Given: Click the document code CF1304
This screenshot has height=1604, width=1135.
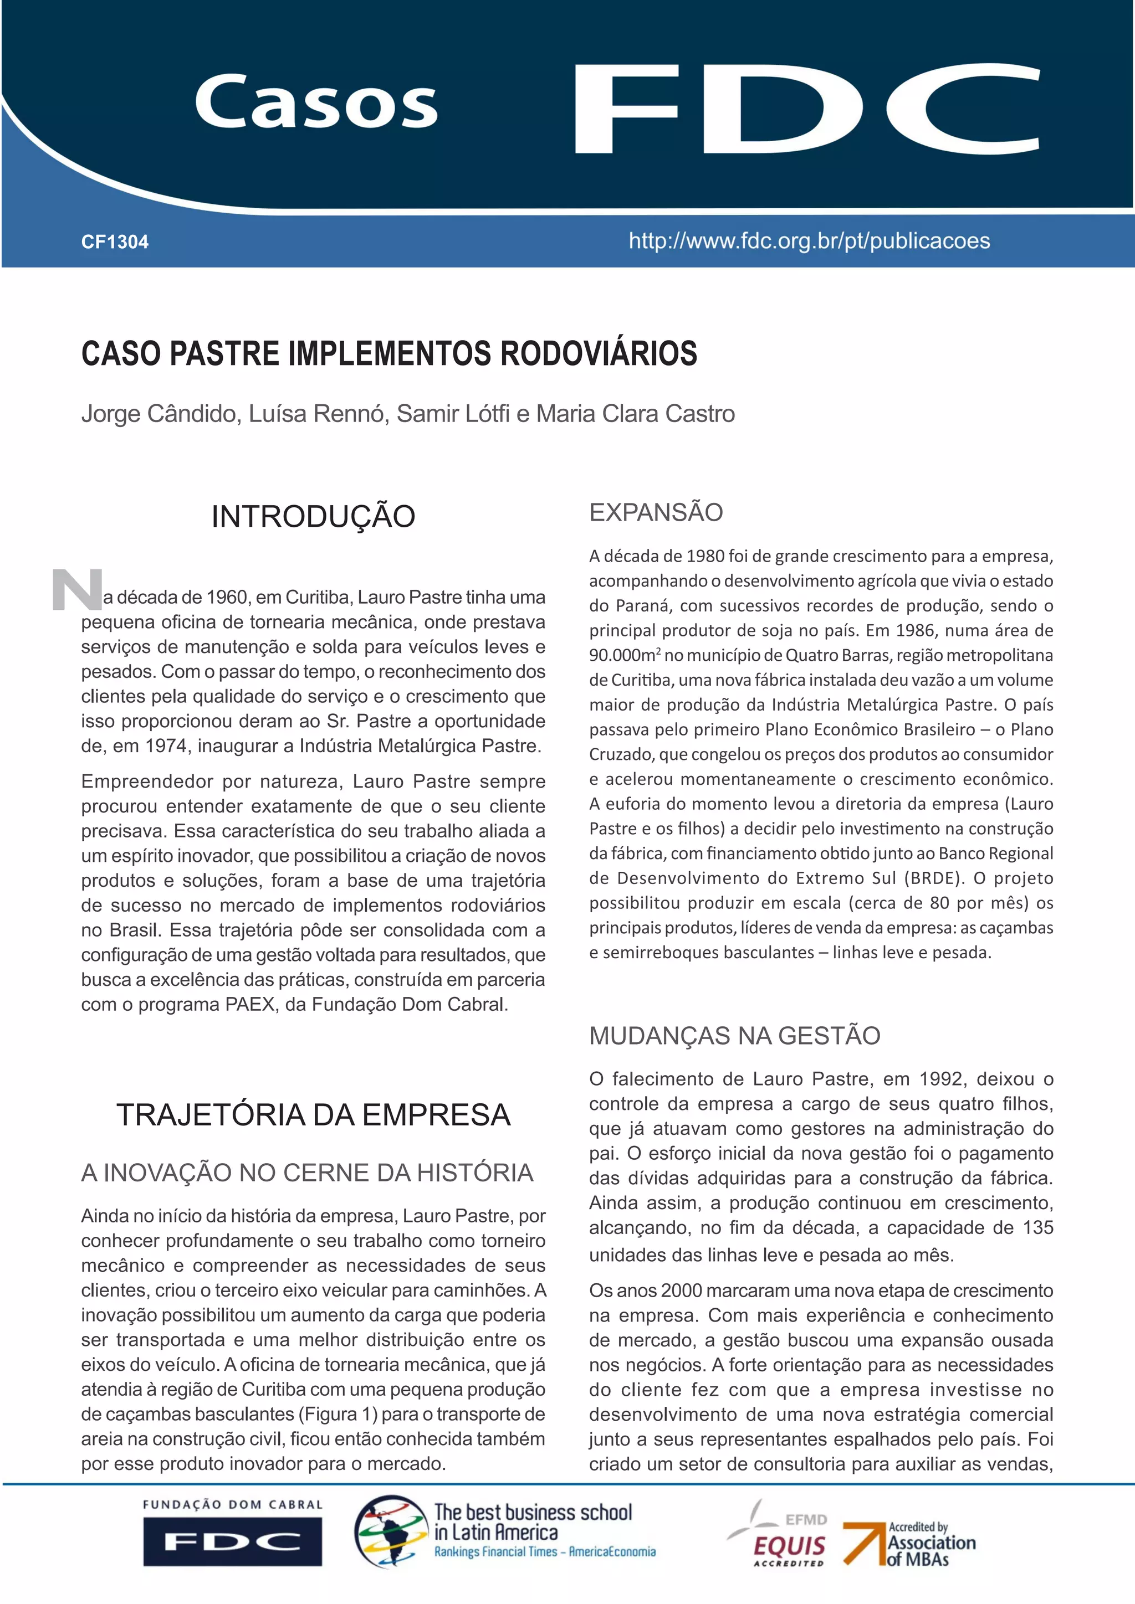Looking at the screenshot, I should (x=115, y=243).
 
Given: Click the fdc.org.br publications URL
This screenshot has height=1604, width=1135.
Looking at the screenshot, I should (x=809, y=241).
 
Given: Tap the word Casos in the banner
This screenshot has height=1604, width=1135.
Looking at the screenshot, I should (x=316, y=102).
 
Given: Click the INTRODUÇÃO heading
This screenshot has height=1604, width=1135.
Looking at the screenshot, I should (x=313, y=517).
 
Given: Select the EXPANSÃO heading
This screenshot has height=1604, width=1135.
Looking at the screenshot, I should (x=656, y=513).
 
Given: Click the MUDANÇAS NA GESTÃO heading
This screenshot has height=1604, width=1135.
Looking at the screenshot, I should (x=734, y=1035).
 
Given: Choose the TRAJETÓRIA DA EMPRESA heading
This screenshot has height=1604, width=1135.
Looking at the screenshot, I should (x=313, y=1115).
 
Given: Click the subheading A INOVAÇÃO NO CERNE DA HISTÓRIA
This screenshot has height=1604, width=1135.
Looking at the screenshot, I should (x=307, y=1173).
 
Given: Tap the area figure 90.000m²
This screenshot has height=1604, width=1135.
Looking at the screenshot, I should (x=624, y=656).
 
